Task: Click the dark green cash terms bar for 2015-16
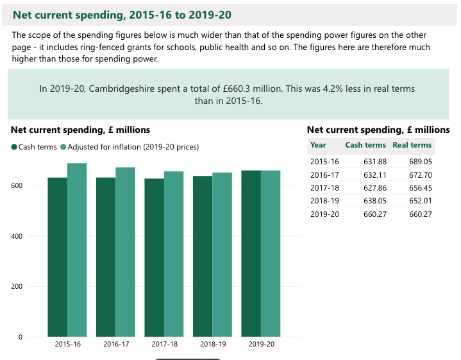57,257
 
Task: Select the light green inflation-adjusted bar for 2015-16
77,250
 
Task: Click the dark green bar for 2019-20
251,253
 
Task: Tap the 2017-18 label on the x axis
165,345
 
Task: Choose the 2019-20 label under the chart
261,345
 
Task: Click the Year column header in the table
318,145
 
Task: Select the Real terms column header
412,145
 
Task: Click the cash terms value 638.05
374,200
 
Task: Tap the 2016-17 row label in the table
324,175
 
